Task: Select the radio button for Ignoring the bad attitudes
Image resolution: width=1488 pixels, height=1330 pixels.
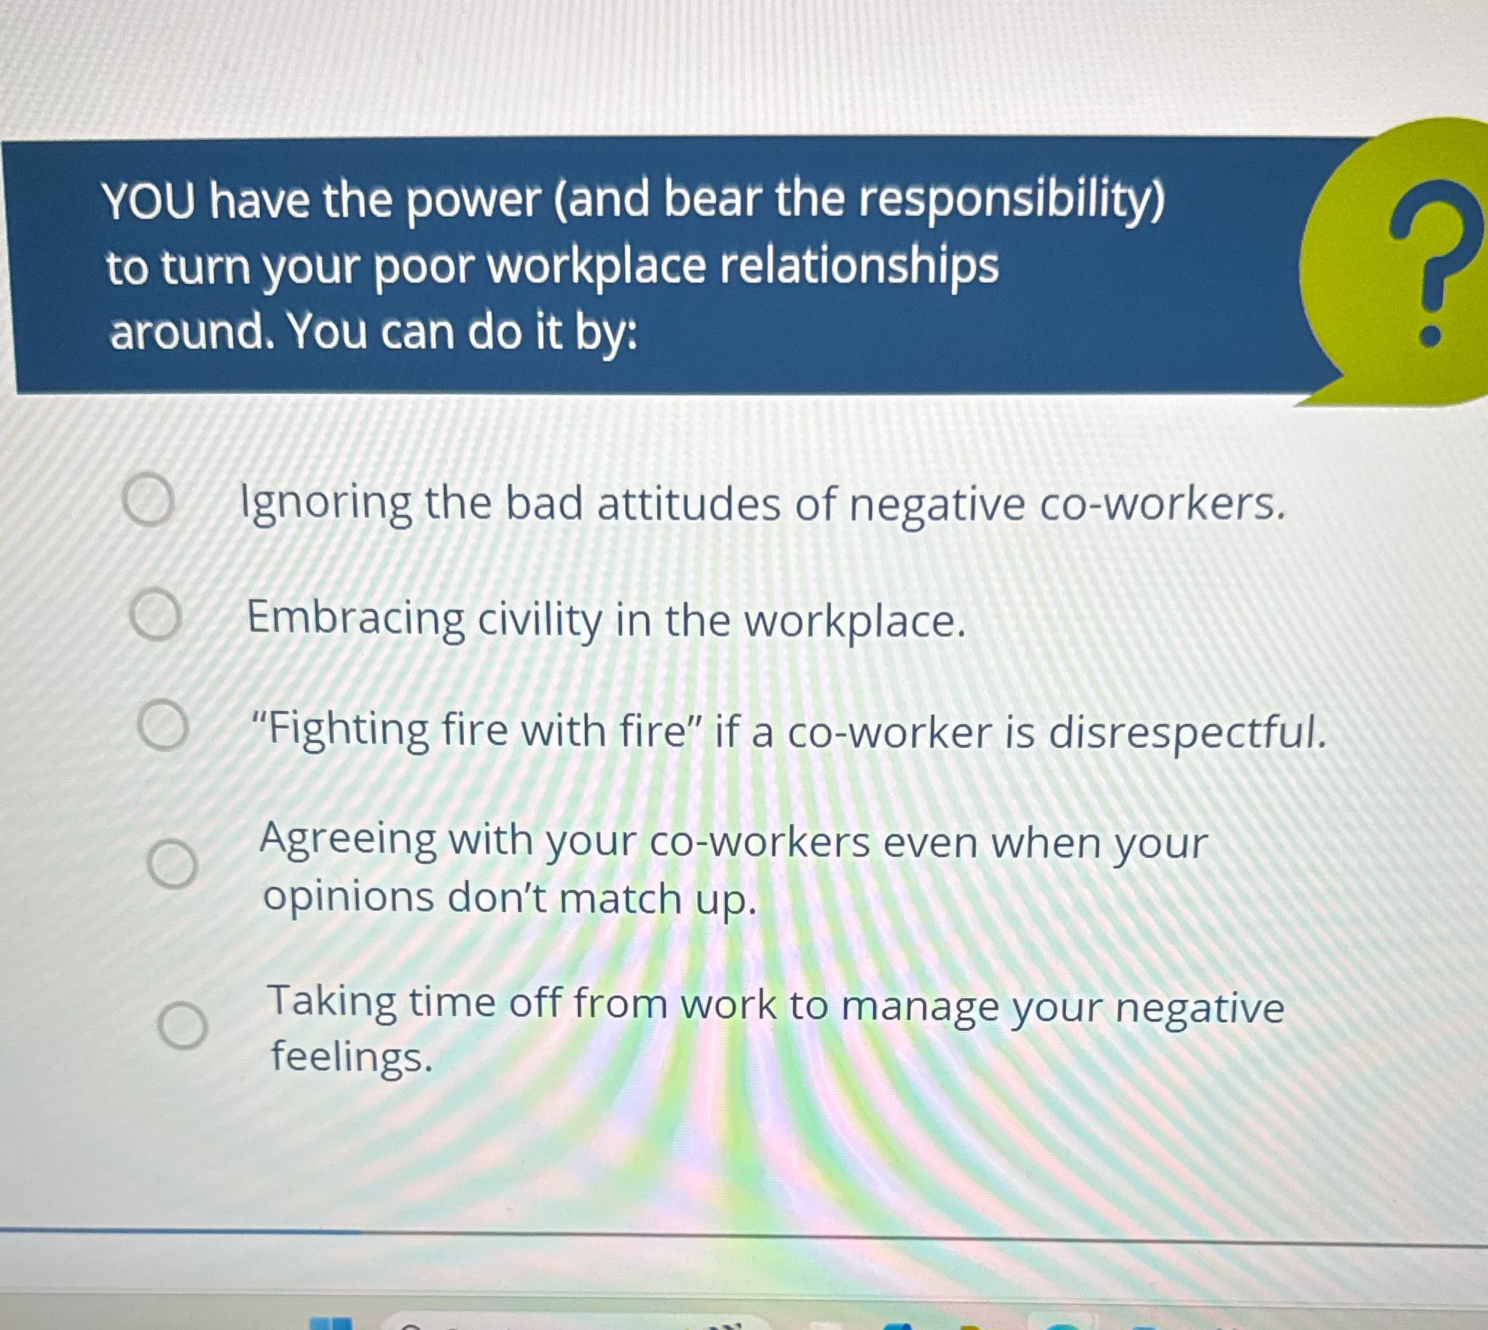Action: coord(149,500)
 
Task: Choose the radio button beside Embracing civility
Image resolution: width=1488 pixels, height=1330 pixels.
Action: coord(155,616)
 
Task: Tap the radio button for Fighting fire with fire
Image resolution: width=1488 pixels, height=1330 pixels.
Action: coord(164,725)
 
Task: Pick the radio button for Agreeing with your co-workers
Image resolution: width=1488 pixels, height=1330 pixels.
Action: coord(173,864)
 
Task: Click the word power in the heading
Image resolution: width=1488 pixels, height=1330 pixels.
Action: coord(473,201)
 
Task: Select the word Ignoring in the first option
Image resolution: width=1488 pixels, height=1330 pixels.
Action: coord(326,504)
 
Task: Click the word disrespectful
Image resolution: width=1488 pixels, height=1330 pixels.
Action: coord(1187,732)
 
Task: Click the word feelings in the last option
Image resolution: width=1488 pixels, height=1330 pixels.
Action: coord(351,1058)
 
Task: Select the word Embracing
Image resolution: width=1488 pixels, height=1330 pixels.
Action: coord(355,620)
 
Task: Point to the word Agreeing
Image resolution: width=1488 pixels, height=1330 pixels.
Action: coord(348,841)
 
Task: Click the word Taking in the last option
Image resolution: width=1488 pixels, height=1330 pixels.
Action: coord(332,1003)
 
